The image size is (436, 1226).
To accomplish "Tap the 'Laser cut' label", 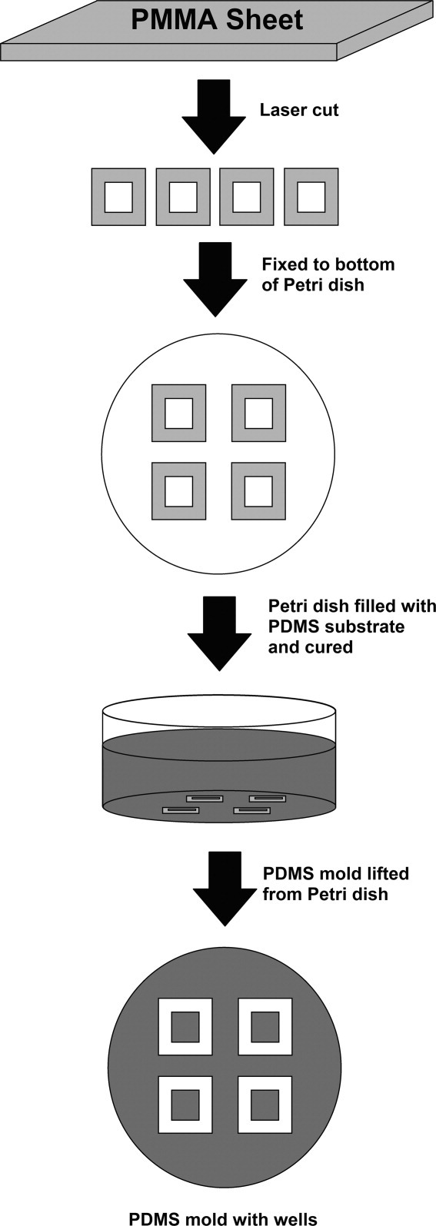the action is click(x=299, y=109).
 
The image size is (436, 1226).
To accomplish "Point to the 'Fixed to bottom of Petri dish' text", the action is click(x=328, y=274).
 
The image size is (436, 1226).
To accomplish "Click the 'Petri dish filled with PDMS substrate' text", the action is click(x=352, y=616).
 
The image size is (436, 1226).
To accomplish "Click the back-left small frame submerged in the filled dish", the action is click(x=205, y=799).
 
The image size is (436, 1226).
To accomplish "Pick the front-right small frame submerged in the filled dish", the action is click(x=251, y=811).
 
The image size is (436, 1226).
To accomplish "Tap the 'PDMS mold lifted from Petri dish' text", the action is click(x=336, y=883).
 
